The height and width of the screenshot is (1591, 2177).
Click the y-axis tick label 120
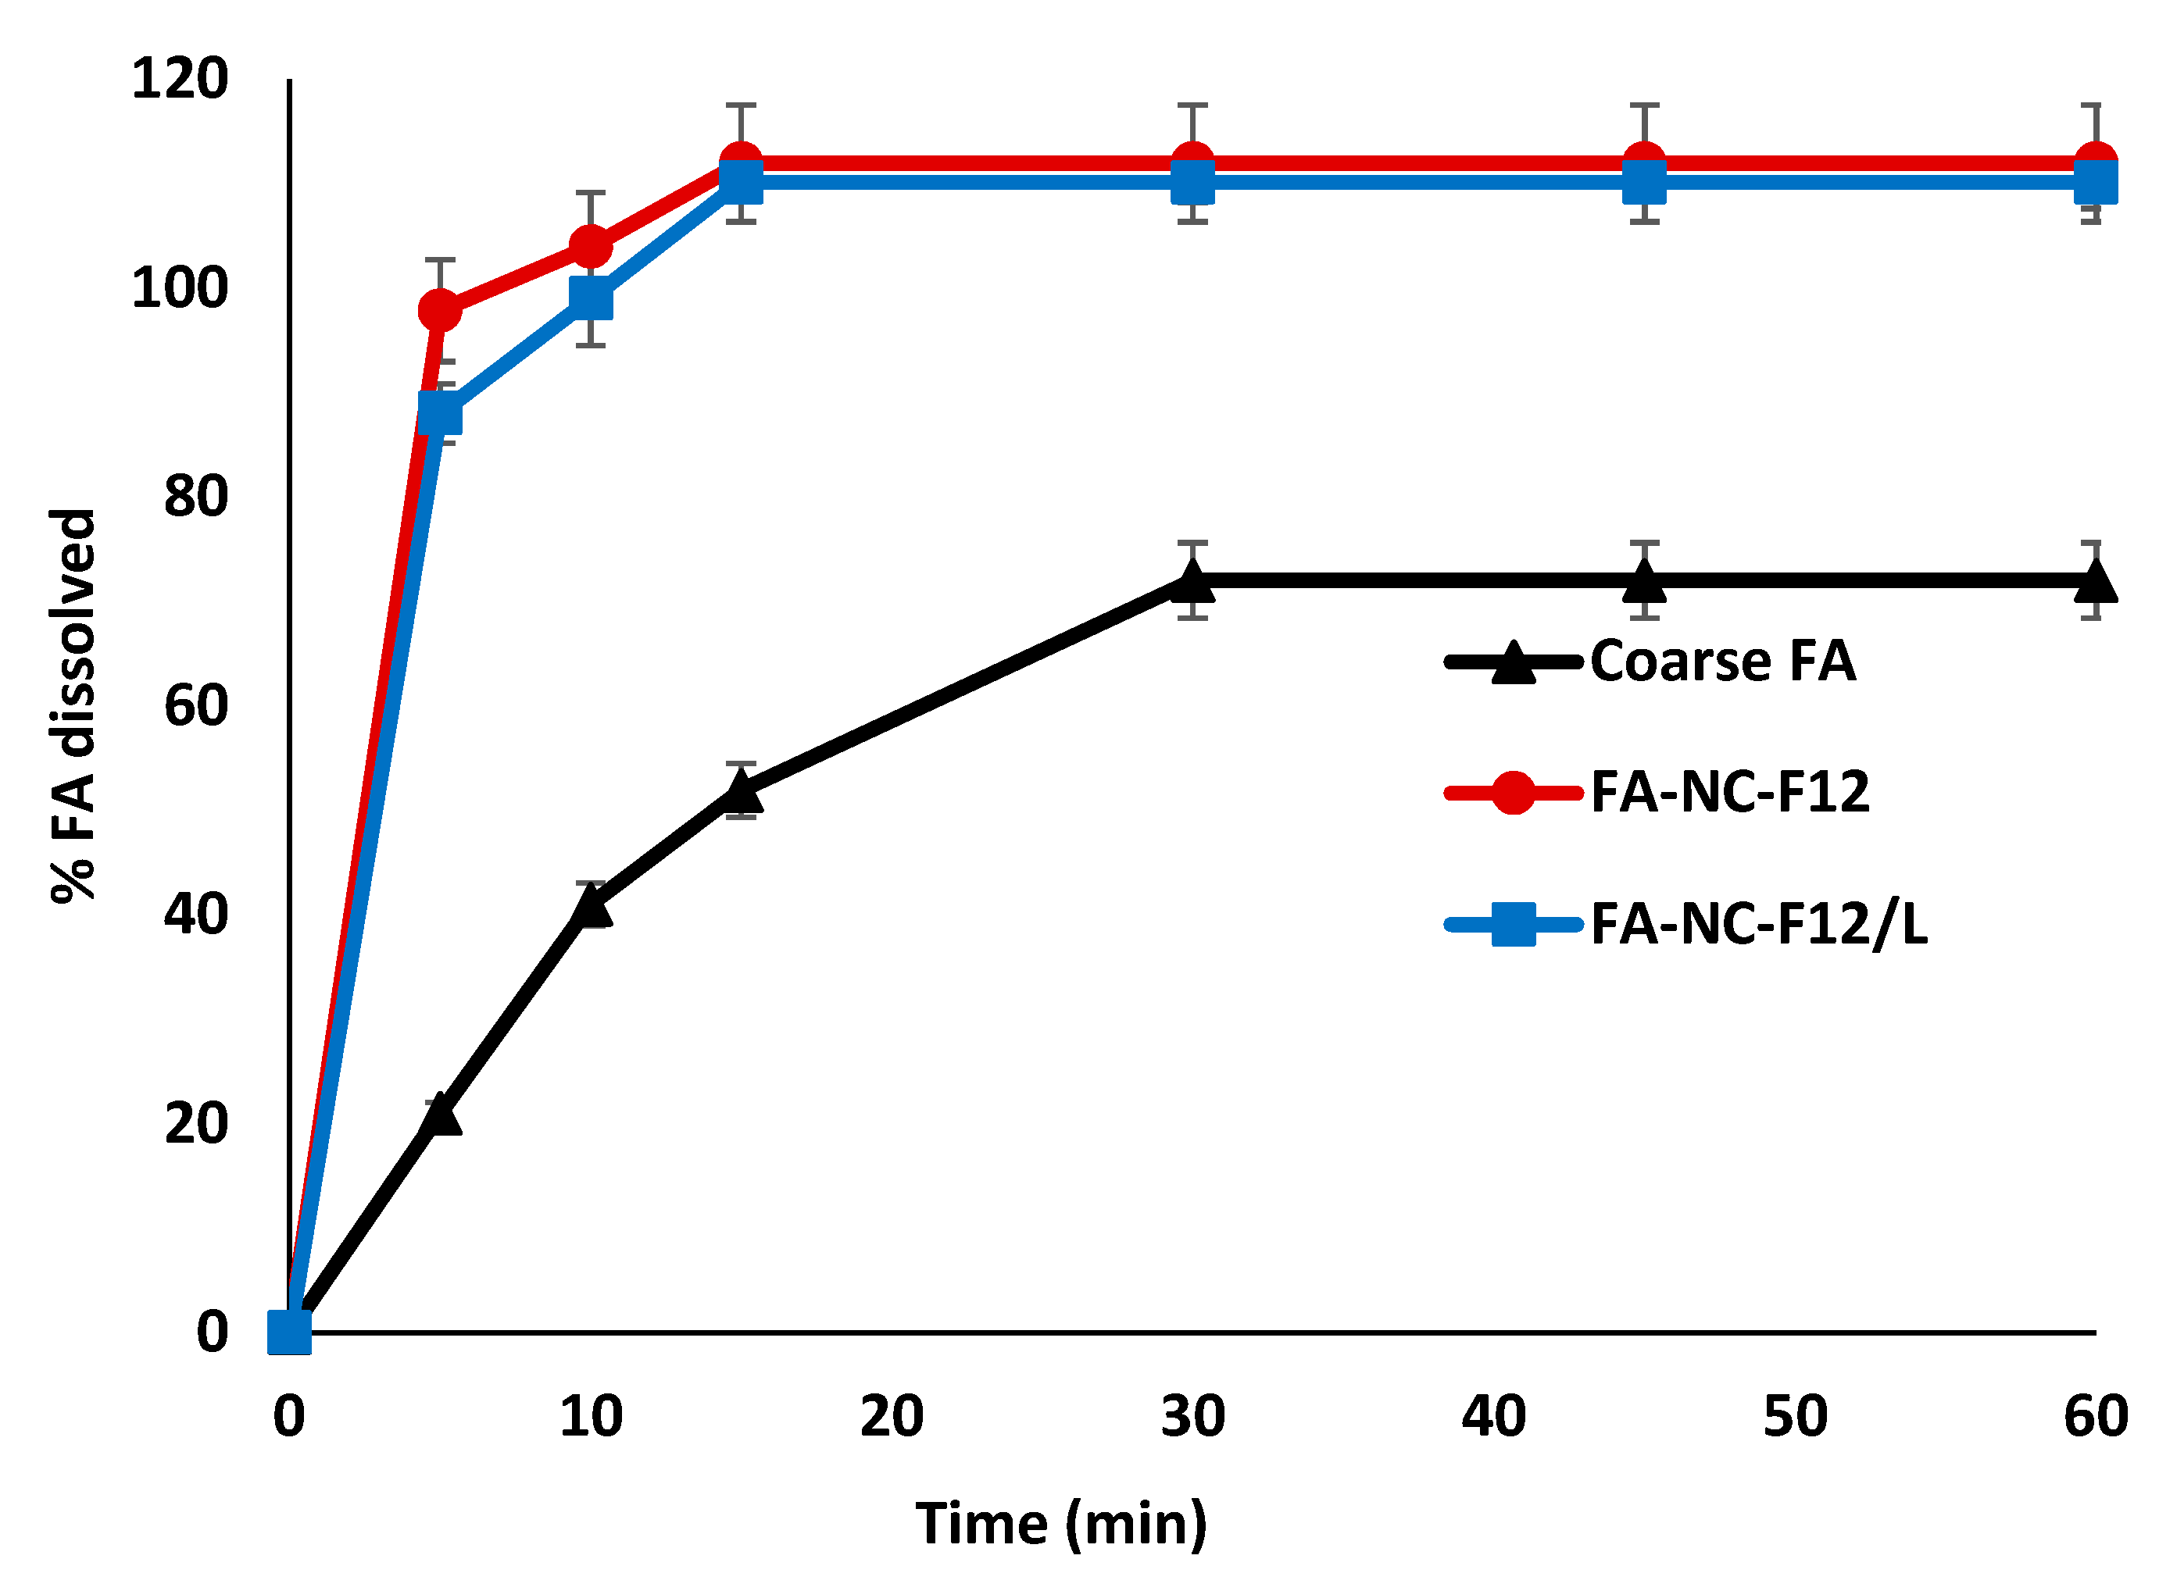[181, 79]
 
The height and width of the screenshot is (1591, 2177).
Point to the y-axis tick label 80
[196, 497]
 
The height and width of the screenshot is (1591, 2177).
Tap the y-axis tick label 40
[196, 914]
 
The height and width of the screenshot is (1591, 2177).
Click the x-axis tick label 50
[1795, 1417]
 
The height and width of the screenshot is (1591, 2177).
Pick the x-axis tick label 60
[2095, 1417]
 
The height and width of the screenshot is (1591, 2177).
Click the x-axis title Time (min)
[1060, 1525]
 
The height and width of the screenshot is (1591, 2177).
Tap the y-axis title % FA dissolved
[73, 706]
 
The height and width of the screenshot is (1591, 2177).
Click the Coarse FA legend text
[1722, 662]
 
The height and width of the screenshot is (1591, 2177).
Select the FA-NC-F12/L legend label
[1759, 925]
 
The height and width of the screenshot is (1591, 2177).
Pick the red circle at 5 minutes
[439, 311]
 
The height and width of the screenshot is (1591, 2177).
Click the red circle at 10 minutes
[592, 248]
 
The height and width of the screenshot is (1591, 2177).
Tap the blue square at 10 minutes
[592, 298]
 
